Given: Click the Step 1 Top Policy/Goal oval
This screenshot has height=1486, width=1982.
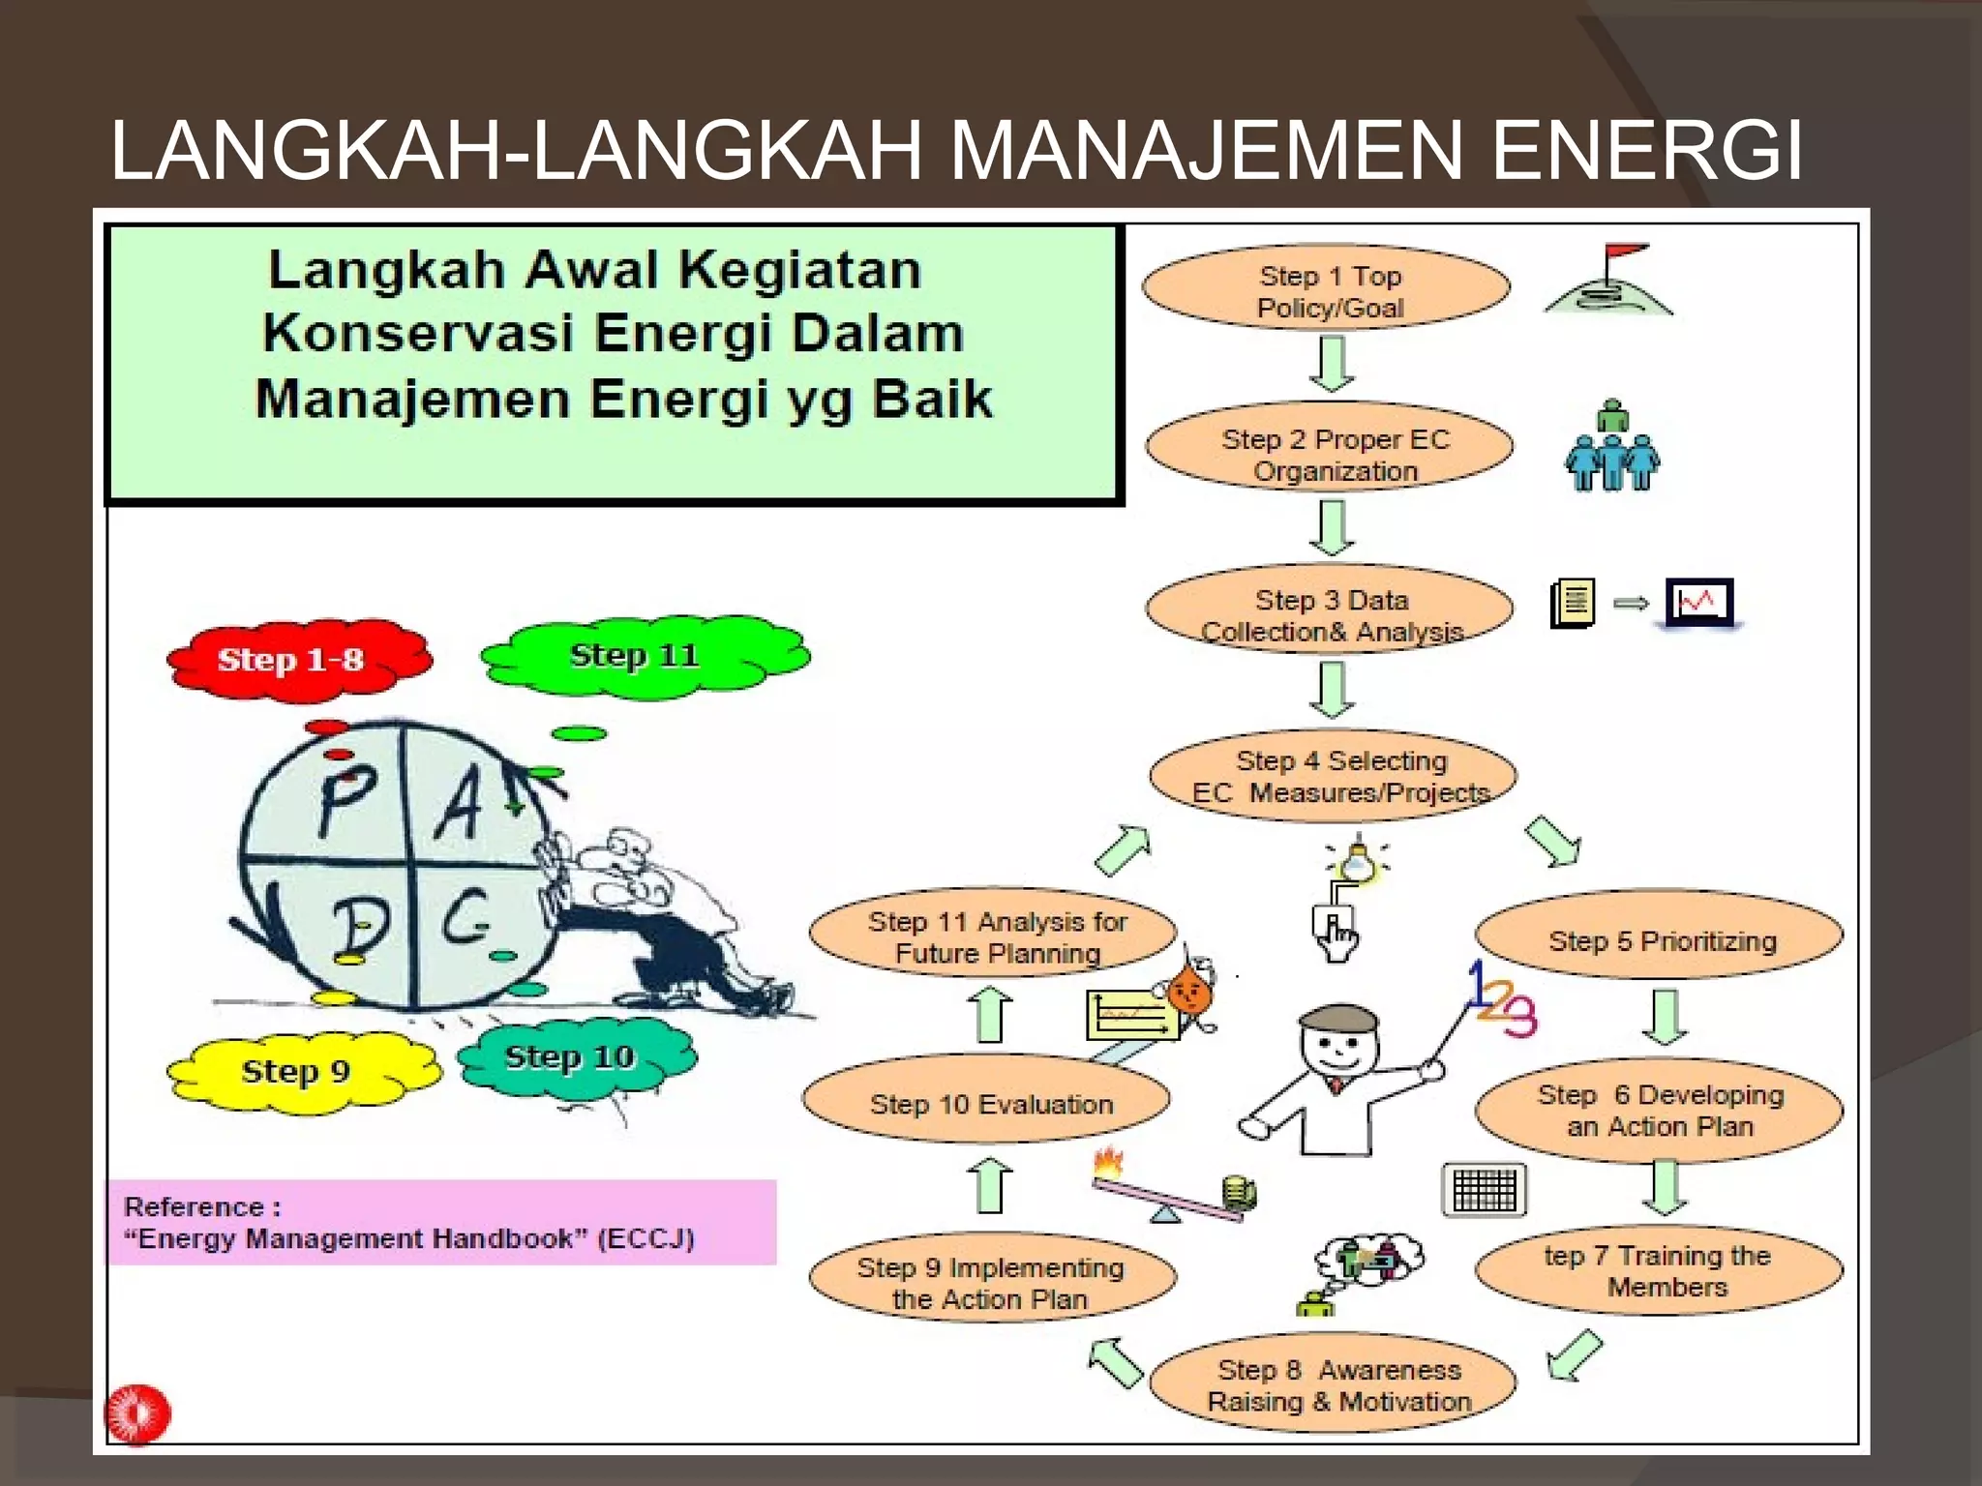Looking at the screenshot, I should point(1327,287).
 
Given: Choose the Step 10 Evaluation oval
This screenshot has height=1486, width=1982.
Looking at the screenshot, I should point(987,1101).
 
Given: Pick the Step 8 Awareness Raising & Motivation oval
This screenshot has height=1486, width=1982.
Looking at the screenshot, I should point(1334,1383).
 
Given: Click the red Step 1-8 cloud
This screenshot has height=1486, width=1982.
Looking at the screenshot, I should point(295,659).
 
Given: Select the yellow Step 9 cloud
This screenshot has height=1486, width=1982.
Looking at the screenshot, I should point(299,1070).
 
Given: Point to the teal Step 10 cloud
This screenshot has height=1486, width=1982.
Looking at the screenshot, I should point(574,1056).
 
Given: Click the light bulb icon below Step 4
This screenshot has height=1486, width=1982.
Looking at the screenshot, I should point(1357,861).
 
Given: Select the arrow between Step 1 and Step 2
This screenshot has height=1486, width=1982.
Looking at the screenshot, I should point(1332,363).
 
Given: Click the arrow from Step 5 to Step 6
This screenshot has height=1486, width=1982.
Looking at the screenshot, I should point(1664,1016).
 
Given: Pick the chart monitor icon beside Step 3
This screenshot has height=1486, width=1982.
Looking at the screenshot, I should point(1699,603).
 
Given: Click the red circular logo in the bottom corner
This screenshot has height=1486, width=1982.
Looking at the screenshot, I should point(138,1413).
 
